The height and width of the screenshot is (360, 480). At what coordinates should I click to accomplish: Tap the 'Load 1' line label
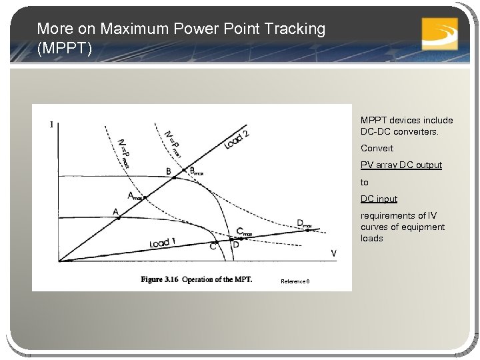(x=163, y=243)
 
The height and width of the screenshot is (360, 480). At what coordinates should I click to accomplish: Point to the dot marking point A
(x=118, y=218)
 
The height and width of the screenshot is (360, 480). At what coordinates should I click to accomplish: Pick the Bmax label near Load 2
(x=195, y=171)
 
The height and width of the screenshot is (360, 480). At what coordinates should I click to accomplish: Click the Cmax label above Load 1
(x=244, y=232)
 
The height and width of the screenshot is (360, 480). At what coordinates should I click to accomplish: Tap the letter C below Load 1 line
(x=213, y=247)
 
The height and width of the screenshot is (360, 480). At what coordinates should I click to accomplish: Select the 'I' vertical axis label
(x=51, y=125)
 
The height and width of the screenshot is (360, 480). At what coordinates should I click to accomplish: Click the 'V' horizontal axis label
(x=333, y=253)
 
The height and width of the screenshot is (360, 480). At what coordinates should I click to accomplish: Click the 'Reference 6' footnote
(x=295, y=281)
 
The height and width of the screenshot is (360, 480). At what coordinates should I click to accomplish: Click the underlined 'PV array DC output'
(x=401, y=165)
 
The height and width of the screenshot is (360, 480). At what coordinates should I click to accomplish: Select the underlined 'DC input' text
(x=379, y=199)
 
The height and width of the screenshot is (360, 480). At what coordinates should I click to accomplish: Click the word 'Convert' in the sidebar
(x=377, y=148)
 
